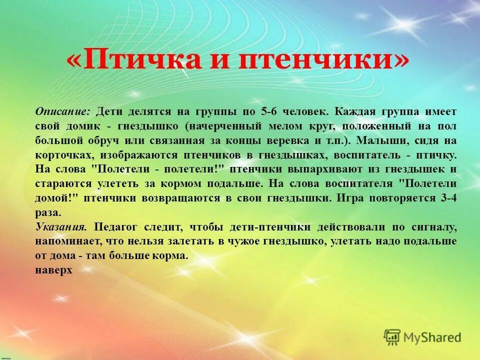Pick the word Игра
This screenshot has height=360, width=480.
coord(348,198)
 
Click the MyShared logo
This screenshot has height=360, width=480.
coord(423,337)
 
